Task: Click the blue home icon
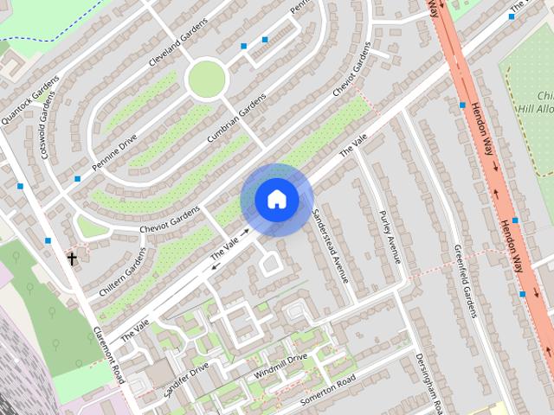tap(276, 199)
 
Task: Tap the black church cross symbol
tap(72, 258)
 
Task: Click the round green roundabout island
tap(206, 80)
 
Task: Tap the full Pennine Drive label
tap(115, 143)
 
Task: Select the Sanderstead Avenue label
tap(330, 245)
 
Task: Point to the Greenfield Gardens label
tap(466, 281)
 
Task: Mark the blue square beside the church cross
tap(48, 240)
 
